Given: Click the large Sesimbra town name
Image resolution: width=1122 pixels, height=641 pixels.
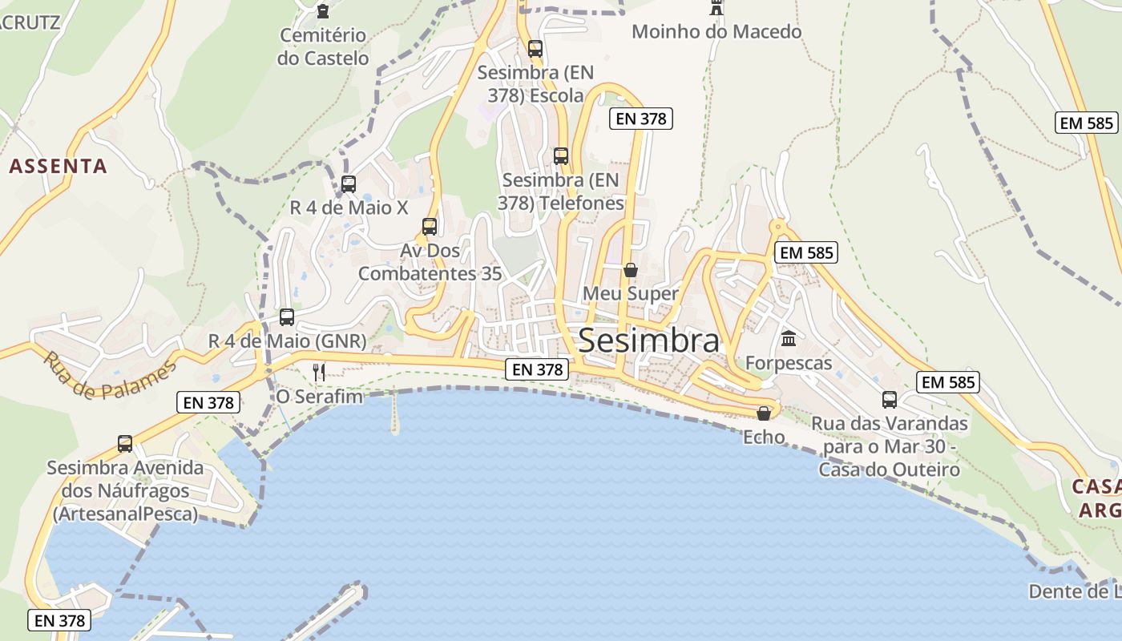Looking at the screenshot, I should click(x=648, y=341).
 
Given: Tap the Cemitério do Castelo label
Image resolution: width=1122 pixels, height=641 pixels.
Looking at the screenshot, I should click(x=323, y=46).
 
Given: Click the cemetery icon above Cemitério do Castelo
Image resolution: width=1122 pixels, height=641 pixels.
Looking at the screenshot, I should click(x=323, y=11).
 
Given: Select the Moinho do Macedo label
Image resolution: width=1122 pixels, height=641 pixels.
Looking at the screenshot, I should click(x=716, y=32).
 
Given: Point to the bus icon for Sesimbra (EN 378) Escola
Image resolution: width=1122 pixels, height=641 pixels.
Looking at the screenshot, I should click(x=535, y=49).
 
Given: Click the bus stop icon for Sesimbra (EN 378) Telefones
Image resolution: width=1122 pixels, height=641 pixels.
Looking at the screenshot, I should click(x=561, y=156).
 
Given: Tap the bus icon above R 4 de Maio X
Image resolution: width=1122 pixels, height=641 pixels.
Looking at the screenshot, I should click(x=349, y=184).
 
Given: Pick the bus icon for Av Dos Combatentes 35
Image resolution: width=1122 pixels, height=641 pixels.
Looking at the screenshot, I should click(x=430, y=227).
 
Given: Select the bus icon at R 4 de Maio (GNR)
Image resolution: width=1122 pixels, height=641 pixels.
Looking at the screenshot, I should click(x=287, y=317).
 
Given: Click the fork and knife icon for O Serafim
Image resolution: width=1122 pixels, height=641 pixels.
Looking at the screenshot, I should click(x=319, y=372).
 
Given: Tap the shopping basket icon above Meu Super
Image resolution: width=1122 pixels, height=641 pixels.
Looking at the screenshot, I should click(x=631, y=270).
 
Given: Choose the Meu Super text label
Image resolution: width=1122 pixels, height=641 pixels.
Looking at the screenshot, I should click(x=630, y=294).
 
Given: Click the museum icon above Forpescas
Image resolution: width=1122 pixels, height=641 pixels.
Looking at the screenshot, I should click(x=789, y=339).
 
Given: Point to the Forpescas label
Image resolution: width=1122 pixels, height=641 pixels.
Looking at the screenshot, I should click(x=789, y=363).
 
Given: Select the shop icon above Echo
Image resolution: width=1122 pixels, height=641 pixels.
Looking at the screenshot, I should click(x=764, y=413).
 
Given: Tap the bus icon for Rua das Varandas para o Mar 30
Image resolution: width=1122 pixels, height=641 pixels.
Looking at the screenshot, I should click(x=890, y=400).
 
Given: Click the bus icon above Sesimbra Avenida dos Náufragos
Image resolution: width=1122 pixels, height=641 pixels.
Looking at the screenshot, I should click(x=125, y=444).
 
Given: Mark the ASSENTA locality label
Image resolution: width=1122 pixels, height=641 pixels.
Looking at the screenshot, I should click(x=58, y=167).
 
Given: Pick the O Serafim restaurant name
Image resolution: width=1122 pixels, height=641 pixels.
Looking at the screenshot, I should click(x=319, y=397).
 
